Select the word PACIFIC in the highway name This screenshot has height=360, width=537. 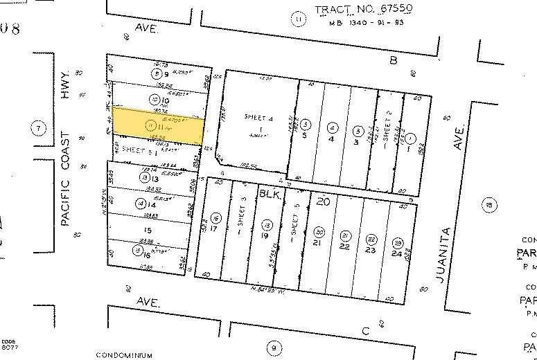coord(66,201)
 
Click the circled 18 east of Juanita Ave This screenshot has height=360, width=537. coord(491,204)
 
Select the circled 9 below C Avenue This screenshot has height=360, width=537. coord(274,347)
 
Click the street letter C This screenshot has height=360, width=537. coord(365,331)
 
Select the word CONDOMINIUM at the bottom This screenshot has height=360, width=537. coord(125,355)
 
